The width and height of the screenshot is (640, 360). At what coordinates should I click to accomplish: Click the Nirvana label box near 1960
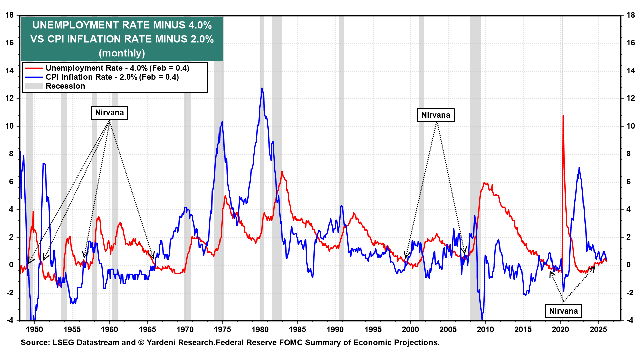[109, 113]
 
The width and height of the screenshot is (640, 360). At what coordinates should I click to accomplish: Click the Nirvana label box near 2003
[436, 115]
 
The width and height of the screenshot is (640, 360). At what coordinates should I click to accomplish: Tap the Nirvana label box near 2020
[563, 311]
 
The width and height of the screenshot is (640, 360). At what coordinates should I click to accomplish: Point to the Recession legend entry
[65, 86]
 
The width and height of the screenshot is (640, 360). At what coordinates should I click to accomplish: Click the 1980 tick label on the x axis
[260, 329]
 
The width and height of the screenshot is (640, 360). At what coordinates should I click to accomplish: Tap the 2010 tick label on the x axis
[485, 329]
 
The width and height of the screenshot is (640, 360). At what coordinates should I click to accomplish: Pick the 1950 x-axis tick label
[34, 329]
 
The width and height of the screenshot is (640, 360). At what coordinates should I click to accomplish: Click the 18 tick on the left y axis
[10, 15]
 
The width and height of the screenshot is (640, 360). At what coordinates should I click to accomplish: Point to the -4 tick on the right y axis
[630, 320]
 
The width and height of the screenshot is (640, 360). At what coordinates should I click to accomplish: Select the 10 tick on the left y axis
[10, 126]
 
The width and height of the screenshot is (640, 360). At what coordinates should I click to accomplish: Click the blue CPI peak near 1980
[262, 88]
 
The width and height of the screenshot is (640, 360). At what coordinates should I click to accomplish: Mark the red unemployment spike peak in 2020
[563, 116]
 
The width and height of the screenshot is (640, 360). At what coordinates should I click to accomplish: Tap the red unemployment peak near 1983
[282, 171]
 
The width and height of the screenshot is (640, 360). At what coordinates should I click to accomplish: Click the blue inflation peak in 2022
[579, 167]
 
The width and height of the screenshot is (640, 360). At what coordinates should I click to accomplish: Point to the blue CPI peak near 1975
[222, 122]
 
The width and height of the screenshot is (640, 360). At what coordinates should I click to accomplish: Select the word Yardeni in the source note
[161, 343]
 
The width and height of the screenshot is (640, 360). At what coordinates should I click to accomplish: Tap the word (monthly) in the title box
[122, 53]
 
